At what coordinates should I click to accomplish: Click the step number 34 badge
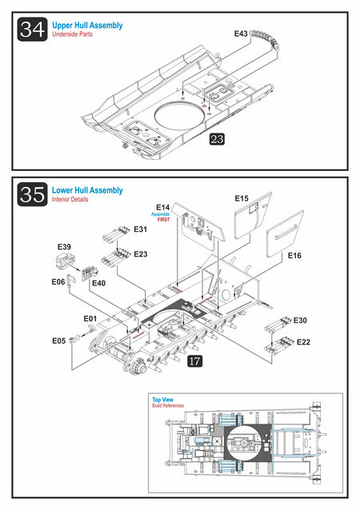[32, 30]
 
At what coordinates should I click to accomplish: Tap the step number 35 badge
[32, 194]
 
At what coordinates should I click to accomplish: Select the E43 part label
[241, 34]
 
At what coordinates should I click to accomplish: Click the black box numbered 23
[217, 139]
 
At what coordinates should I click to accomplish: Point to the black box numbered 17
[195, 361]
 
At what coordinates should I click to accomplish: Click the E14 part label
[162, 207]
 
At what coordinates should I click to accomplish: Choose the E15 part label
[242, 198]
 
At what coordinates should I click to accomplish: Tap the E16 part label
[294, 256]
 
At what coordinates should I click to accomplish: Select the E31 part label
[141, 229]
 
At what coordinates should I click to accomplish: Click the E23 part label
[141, 254]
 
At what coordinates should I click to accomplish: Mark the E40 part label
[99, 283]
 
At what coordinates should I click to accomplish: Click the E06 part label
[58, 281]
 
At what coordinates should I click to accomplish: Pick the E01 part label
[90, 319]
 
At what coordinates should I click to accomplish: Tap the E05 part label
[59, 341]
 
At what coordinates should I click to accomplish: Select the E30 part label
[300, 321]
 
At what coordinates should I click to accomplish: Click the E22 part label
[303, 342]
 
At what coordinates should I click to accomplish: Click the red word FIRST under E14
[164, 220]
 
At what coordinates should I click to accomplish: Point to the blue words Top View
[162, 400]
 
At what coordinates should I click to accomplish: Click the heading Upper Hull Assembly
[87, 26]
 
